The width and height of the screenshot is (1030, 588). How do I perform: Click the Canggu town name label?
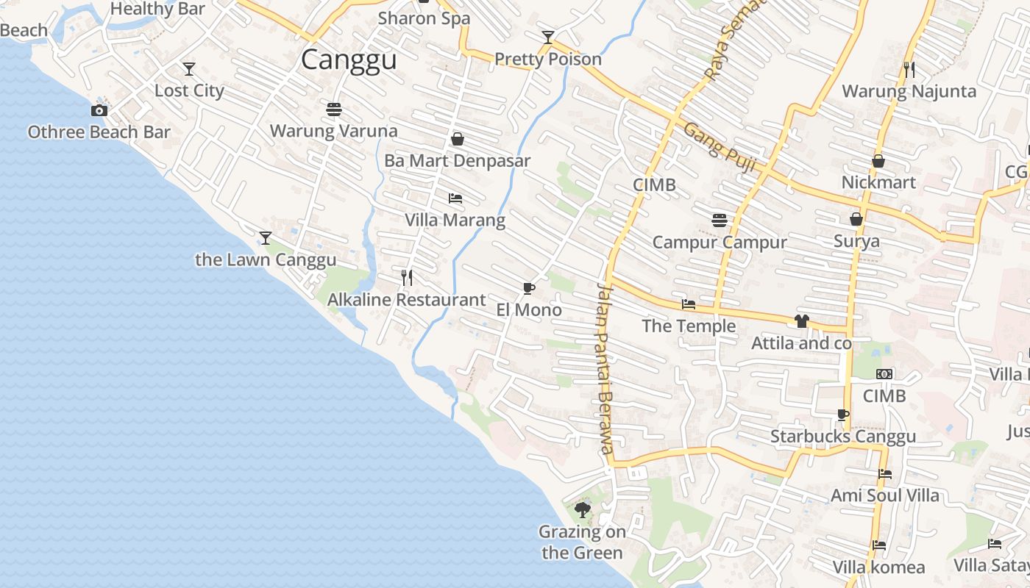click(x=349, y=60)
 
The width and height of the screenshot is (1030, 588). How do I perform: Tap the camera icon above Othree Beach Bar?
click(x=99, y=111)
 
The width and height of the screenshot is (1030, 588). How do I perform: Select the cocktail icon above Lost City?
click(x=189, y=69)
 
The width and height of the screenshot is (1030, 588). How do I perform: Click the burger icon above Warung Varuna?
click(x=334, y=110)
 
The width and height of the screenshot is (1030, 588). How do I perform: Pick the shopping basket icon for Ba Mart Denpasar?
click(x=458, y=139)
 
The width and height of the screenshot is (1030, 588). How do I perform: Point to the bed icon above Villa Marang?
click(x=455, y=198)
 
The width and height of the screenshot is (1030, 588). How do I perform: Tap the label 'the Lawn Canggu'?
click(x=266, y=259)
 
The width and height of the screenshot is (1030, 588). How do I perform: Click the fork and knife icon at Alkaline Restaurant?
click(x=407, y=277)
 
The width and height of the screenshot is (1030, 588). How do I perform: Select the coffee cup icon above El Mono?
click(x=528, y=288)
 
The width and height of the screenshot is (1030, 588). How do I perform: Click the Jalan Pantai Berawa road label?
click(x=605, y=367)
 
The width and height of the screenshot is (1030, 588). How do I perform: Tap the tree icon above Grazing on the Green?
click(x=583, y=509)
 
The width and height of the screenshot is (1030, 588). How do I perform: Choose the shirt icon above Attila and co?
click(x=801, y=321)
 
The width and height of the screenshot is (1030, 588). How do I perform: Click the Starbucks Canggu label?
click(x=842, y=437)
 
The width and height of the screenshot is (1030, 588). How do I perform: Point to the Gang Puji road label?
click(x=720, y=148)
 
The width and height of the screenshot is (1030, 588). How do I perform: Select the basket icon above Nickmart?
click(x=878, y=161)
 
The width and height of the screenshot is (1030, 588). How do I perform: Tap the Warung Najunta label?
click(x=909, y=91)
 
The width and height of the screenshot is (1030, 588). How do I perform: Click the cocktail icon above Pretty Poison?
click(x=548, y=37)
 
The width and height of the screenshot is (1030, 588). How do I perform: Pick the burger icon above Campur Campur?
click(x=720, y=220)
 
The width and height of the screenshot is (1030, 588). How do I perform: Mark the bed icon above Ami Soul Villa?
click(x=885, y=474)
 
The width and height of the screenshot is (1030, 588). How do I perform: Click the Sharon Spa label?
click(x=424, y=18)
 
